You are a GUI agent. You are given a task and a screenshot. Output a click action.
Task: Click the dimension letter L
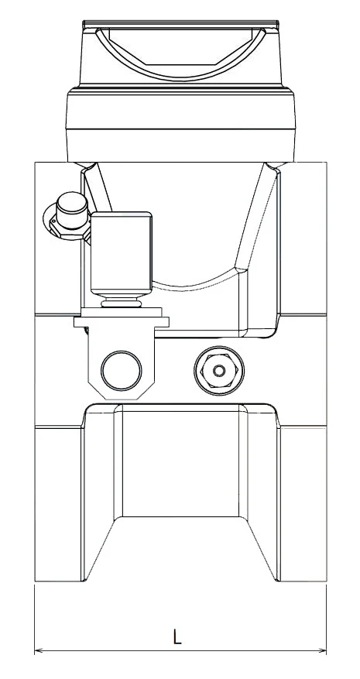(x=177, y=637)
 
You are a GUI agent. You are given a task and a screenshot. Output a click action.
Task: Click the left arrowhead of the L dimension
(x=39, y=650)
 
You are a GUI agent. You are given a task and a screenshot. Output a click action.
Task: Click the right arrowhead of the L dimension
(x=322, y=650)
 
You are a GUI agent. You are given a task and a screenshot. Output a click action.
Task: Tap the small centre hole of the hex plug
(x=219, y=371)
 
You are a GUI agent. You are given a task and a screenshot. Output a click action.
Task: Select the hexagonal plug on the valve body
(x=219, y=371)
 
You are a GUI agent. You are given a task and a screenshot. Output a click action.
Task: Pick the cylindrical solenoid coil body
(x=122, y=253)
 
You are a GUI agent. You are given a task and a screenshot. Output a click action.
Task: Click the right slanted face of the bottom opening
(x=262, y=548)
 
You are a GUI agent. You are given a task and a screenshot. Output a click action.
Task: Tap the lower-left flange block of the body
(x=58, y=504)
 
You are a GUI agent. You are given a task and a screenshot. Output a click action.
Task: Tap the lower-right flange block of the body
(x=303, y=504)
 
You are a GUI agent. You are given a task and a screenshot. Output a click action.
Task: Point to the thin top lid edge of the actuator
(x=180, y=22)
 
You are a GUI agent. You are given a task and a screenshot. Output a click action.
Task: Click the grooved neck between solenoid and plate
(x=122, y=301)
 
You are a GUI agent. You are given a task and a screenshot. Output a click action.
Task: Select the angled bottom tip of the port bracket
(x=122, y=395)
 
